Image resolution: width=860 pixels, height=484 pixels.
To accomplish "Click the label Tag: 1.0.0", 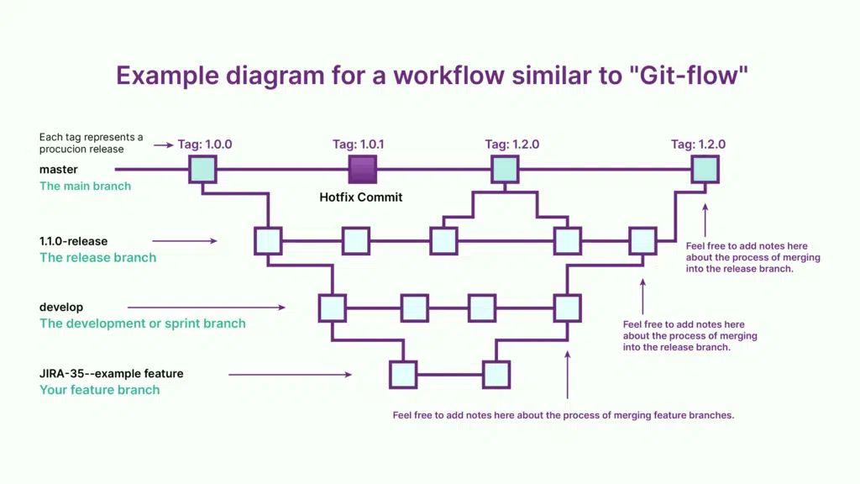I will (x=205, y=145).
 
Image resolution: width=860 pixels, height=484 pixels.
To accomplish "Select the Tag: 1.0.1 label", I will (x=359, y=145).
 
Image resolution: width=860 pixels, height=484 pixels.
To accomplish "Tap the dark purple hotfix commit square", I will (x=363, y=170).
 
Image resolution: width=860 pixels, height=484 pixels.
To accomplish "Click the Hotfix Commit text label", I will (x=361, y=197).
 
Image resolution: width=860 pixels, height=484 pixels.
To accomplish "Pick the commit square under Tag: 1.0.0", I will (x=202, y=170).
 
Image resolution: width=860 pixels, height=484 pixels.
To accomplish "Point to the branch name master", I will (x=58, y=170).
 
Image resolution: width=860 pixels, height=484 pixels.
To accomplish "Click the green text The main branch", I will (x=85, y=186).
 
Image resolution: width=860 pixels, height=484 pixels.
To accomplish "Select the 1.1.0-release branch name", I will (x=74, y=241).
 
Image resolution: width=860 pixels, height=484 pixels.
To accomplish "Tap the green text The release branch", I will (x=97, y=257).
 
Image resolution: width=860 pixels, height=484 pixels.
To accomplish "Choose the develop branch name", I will (x=61, y=308).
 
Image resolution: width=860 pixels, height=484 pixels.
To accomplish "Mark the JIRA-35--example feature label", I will (x=112, y=373).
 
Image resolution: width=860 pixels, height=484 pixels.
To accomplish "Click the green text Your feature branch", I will (x=99, y=390).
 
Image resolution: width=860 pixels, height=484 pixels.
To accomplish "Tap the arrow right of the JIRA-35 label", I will (x=290, y=374).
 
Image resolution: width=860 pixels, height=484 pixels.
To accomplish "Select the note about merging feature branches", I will (x=564, y=415).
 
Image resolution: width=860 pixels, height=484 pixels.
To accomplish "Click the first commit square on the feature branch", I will (x=403, y=374).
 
